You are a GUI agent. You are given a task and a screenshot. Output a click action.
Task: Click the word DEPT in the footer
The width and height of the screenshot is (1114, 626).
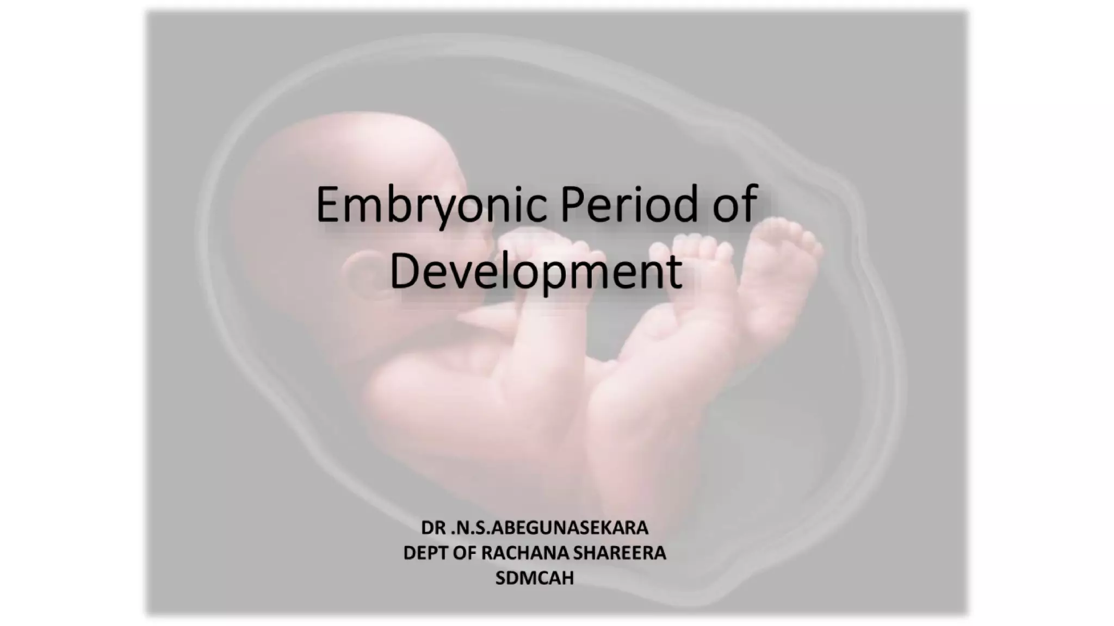(x=424, y=553)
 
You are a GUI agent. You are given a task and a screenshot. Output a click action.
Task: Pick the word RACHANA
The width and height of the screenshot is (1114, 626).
(x=523, y=553)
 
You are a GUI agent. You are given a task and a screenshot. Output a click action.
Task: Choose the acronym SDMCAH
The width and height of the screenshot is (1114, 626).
(x=535, y=578)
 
